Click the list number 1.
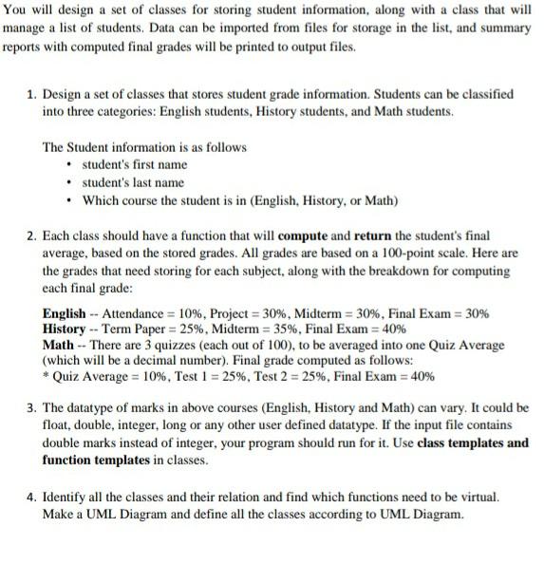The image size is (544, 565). point(31,95)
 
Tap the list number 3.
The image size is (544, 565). point(31,408)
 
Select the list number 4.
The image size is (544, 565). point(31,498)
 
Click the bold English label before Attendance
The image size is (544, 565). point(66,314)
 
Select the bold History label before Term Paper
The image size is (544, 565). point(66,330)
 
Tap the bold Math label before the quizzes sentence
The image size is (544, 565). point(60,345)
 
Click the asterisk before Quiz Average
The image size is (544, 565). point(47,376)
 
